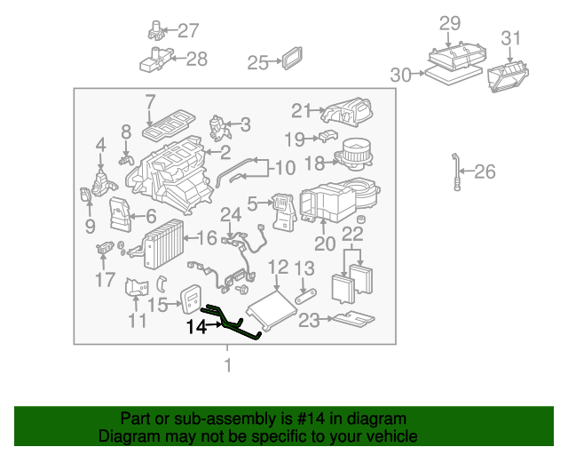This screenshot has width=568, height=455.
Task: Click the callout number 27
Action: (188, 31)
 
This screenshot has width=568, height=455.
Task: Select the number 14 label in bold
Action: (196, 327)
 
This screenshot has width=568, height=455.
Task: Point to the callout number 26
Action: (485, 172)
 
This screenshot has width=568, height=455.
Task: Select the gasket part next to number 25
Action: (291, 60)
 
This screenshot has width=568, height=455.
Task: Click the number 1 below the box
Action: (228, 365)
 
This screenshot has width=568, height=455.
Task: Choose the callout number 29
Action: (450, 22)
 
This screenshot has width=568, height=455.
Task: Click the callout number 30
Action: (401, 76)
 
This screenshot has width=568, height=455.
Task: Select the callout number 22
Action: (353, 235)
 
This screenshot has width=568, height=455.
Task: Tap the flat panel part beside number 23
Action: (351, 317)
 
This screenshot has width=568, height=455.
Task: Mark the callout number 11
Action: (137, 321)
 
